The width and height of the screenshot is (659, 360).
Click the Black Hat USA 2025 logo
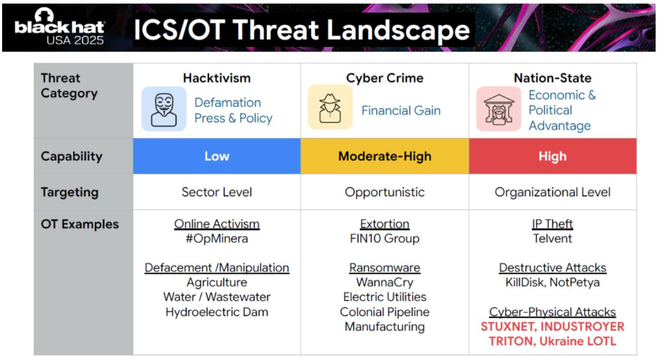coord(59,27)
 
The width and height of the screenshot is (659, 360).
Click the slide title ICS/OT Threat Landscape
coord(301,30)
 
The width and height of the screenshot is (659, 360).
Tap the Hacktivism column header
coord(217,78)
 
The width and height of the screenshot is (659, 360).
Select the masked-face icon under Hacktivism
coord(164,109)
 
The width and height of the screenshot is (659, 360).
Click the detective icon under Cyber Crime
coord(330,107)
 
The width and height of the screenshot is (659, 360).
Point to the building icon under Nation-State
coord(499,109)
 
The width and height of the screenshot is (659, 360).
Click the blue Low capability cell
coord(217,156)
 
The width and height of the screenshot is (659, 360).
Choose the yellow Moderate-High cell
coord(385,156)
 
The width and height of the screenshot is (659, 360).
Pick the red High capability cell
coord(552,156)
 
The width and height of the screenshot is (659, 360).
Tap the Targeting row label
coord(69,192)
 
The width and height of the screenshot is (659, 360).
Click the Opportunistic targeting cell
coord(385,192)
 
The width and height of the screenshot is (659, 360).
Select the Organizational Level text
coord(552,192)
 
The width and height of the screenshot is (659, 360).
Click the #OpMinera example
coord(217,238)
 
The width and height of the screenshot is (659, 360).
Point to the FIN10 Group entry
coord(385,238)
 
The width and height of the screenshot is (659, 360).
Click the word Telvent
coord(552,238)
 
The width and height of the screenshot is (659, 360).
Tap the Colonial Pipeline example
coord(385,312)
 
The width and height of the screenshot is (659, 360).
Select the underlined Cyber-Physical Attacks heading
coord(552,312)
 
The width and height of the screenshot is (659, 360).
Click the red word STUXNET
coord(508,327)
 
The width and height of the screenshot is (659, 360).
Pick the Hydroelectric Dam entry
coord(217,312)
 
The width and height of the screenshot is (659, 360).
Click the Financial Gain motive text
coord(401,110)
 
